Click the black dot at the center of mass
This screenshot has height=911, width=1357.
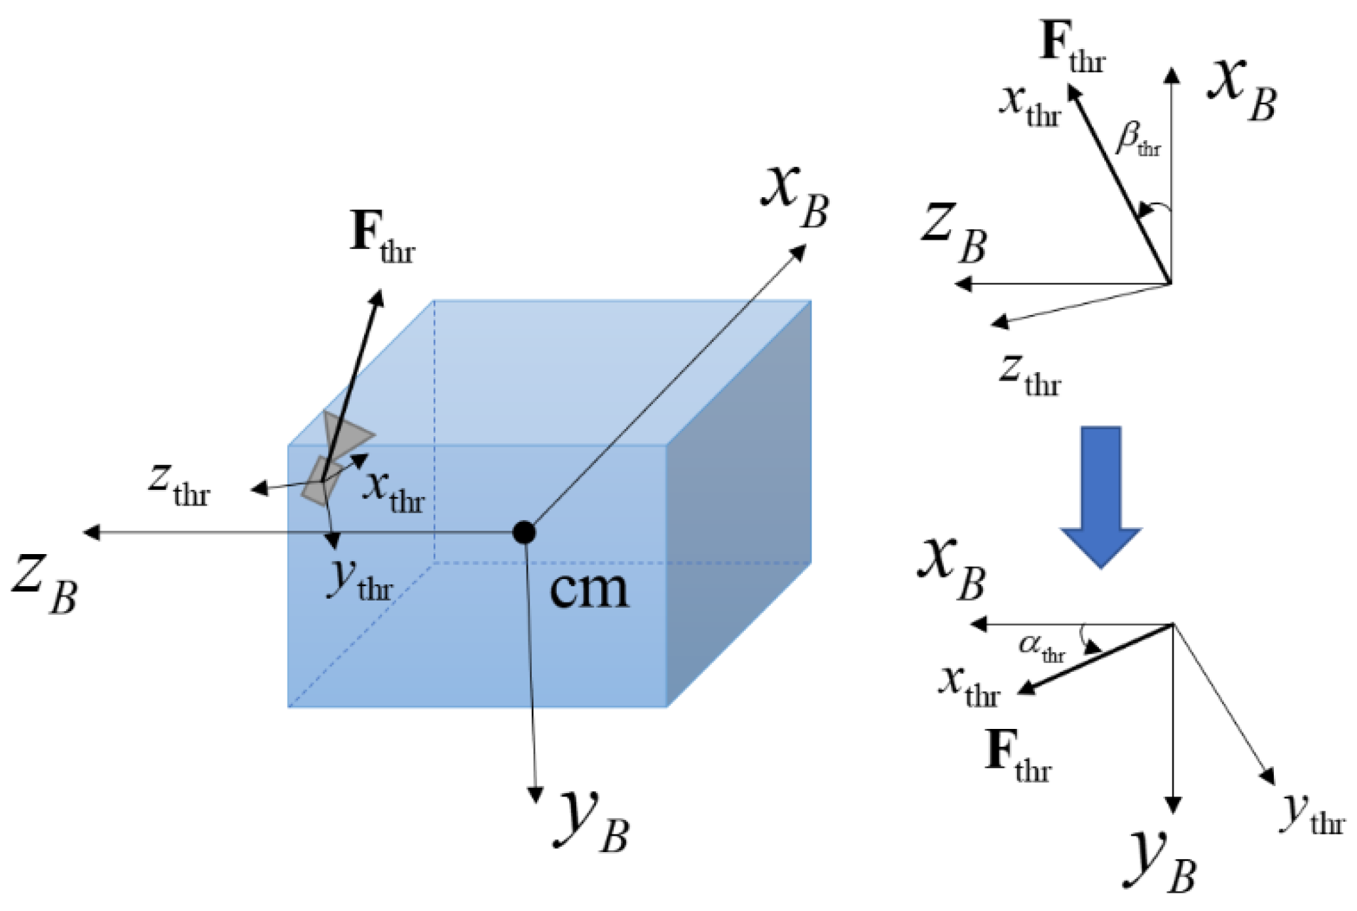point(524,532)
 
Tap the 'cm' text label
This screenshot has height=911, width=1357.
point(589,589)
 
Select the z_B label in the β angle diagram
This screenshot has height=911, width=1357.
point(954,232)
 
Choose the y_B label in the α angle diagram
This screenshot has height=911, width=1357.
point(1163,861)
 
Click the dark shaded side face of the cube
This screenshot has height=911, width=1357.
point(739,504)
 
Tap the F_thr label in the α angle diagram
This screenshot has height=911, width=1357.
point(1018,756)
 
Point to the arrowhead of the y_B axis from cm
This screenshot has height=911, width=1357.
point(536,794)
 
